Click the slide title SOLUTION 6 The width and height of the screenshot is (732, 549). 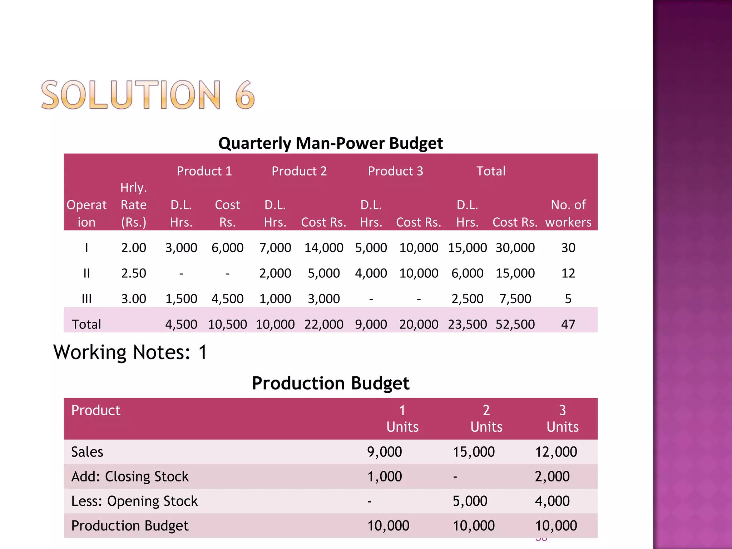pyautogui.click(x=148, y=95)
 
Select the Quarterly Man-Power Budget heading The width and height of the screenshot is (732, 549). pyautogui.click(x=330, y=143)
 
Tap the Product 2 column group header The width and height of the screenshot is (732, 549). pyautogui.click(x=299, y=171)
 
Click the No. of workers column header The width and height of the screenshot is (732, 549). pyautogui.click(x=568, y=213)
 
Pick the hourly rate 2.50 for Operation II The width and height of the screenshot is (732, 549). pyautogui.click(x=134, y=273)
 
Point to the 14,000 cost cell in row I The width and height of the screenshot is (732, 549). pyautogui.click(x=324, y=248)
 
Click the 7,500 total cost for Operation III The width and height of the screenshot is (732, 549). pyautogui.click(x=515, y=299)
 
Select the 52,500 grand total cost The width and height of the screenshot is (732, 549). pyautogui.click(x=515, y=325)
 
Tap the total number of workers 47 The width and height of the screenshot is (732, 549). pyautogui.click(x=568, y=325)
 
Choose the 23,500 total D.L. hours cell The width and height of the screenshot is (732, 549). pyautogui.click(x=468, y=325)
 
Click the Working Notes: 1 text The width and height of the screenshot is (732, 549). pyautogui.click(x=130, y=352)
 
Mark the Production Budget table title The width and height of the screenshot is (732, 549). pyautogui.click(x=330, y=383)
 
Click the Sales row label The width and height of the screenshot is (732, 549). pyautogui.click(x=87, y=452)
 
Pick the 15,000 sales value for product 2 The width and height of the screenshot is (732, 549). pyautogui.click(x=474, y=452)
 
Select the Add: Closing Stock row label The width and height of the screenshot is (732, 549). pyautogui.click(x=130, y=477)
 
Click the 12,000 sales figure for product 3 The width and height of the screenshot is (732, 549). pyautogui.click(x=556, y=452)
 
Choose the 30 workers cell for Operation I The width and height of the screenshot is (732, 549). pyautogui.click(x=568, y=248)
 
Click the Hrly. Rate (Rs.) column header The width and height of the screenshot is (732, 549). pyautogui.click(x=134, y=205)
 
